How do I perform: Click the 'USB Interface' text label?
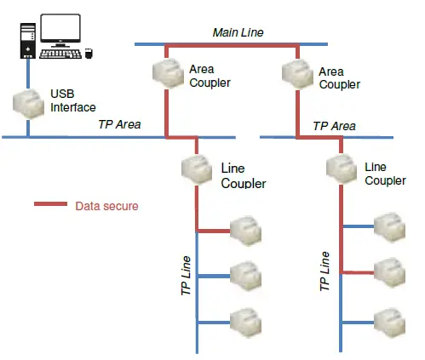[x=73, y=100]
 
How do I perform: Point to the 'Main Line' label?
[x=238, y=32]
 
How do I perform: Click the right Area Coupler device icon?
[x=299, y=75]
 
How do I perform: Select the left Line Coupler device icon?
[x=197, y=169]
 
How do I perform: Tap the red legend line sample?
[x=50, y=205]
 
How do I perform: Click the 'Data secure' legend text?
[x=106, y=206]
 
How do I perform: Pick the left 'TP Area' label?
[x=120, y=125]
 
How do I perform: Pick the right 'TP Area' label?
[x=334, y=125]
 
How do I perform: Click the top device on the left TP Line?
[x=245, y=229]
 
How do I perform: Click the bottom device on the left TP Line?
[x=245, y=321]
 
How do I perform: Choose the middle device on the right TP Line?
[x=389, y=271]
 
